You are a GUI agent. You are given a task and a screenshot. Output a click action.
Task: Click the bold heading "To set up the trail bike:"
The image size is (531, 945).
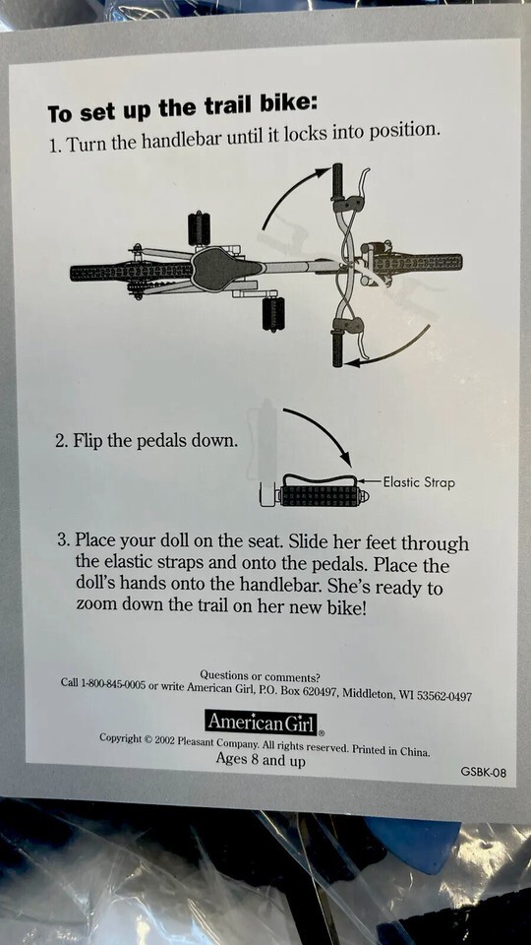(182, 109)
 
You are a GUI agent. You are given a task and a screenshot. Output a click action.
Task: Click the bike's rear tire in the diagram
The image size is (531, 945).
(131, 273)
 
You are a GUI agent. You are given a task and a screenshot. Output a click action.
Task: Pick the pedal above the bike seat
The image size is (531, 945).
(199, 228)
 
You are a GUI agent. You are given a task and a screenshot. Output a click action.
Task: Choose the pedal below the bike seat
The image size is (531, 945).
(273, 313)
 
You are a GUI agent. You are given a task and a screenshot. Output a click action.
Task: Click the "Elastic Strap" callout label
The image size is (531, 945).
(419, 482)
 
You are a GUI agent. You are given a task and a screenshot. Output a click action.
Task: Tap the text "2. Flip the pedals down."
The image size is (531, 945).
(146, 441)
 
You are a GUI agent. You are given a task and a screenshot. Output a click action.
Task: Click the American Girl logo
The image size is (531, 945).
(262, 722)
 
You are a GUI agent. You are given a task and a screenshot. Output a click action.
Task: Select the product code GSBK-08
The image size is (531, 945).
(483, 772)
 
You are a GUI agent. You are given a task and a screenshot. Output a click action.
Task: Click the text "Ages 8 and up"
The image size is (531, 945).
(261, 760)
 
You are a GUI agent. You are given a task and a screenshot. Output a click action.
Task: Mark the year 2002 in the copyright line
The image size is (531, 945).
(164, 740)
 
